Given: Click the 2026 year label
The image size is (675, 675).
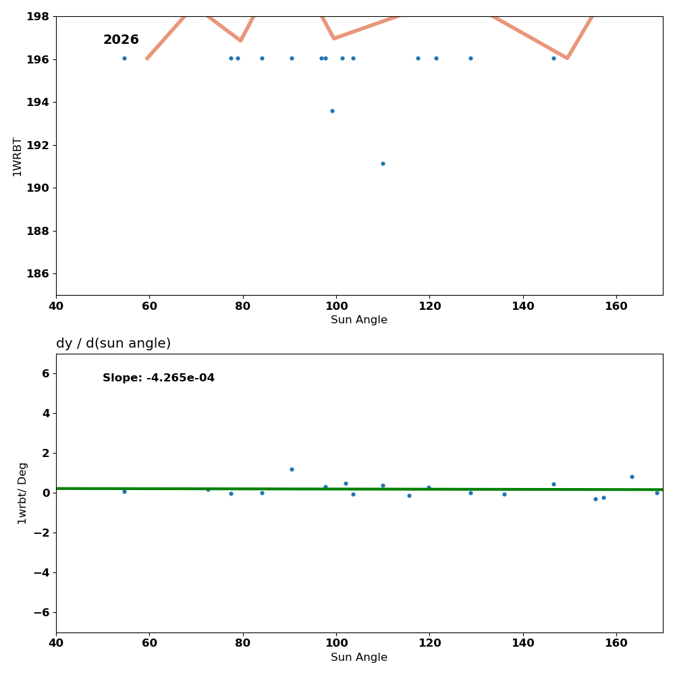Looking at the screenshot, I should click(121, 40).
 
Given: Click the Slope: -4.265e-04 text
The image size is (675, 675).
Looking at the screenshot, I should click(159, 378).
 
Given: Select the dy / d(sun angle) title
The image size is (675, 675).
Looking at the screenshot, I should click(113, 344).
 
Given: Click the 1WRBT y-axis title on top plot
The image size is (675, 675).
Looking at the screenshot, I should click(18, 157).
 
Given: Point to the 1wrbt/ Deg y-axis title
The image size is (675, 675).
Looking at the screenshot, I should click(23, 493).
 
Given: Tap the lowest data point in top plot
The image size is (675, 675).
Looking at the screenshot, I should click(383, 163).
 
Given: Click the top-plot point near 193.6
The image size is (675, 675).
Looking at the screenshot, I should click(332, 111).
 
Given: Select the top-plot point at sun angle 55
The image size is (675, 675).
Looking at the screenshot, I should click(124, 58).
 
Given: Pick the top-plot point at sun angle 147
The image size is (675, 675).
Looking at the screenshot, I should click(553, 58).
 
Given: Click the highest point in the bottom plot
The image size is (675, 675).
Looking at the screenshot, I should click(292, 469).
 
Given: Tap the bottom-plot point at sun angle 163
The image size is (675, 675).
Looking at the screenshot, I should click(632, 477).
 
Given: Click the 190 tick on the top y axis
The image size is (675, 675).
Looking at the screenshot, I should click(40, 188).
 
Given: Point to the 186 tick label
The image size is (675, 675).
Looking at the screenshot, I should click(40, 273).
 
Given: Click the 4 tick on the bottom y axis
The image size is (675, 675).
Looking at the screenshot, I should click(45, 413).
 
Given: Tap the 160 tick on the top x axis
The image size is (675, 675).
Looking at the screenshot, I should click(616, 306).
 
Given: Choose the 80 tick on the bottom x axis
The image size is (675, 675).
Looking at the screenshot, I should click(243, 643).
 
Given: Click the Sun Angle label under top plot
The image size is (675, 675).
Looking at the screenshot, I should click(359, 320).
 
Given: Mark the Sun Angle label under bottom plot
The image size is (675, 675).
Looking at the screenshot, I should click(359, 657).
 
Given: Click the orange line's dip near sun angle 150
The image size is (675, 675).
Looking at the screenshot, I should click(567, 58).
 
